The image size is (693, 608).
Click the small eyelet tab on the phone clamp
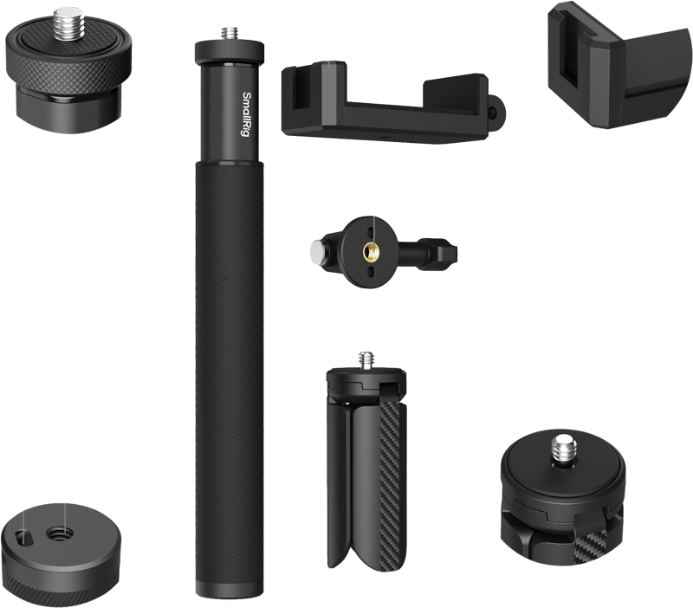click(495, 111)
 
